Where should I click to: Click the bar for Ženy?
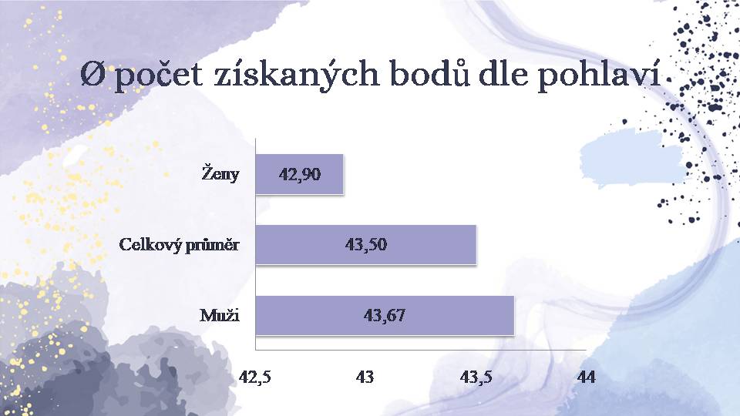[x=299, y=174]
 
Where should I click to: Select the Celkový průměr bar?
[x=365, y=244]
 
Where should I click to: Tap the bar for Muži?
[x=385, y=316]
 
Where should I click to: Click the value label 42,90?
[x=300, y=175]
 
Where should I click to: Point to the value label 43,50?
[x=365, y=245]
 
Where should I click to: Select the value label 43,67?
[x=384, y=316]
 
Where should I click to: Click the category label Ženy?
[x=220, y=173]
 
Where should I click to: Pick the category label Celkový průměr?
[x=179, y=245]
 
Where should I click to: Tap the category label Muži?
[x=220, y=315]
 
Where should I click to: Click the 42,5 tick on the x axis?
[x=255, y=377]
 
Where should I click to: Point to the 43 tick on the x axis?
[x=365, y=377]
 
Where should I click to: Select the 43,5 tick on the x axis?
[x=476, y=377]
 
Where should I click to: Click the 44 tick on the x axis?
[x=586, y=377]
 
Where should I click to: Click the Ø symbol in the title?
[x=93, y=75]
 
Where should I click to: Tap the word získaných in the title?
[x=296, y=75]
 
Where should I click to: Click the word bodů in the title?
[x=430, y=73]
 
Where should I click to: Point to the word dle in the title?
[x=503, y=73]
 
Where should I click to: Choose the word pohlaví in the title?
[x=599, y=75]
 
